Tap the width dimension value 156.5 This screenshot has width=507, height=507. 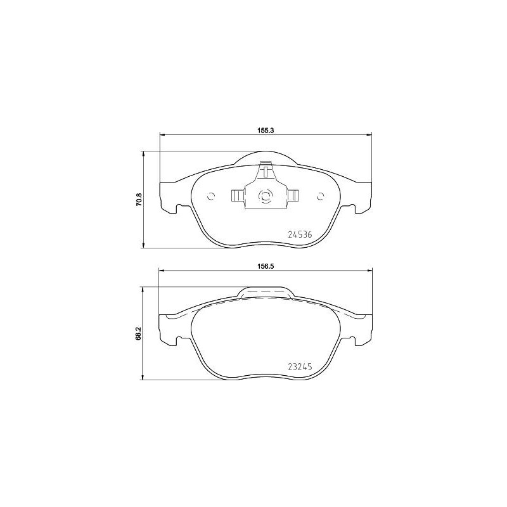pyautogui.click(x=265, y=266)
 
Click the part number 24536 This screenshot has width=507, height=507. pyautogui.click(x=300, y=234)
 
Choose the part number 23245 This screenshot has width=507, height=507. pyautogui.click(x=300, y=366)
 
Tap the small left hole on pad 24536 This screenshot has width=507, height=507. pyautogui.click(x=212, y=196)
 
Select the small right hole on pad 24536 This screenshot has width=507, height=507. pyautogui.click(x=319, y=196)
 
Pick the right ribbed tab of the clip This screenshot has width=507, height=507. pyautogui.click(x=293, y=196)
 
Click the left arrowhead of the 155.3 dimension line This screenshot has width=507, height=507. pyautogui.click(x=162, y=134)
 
